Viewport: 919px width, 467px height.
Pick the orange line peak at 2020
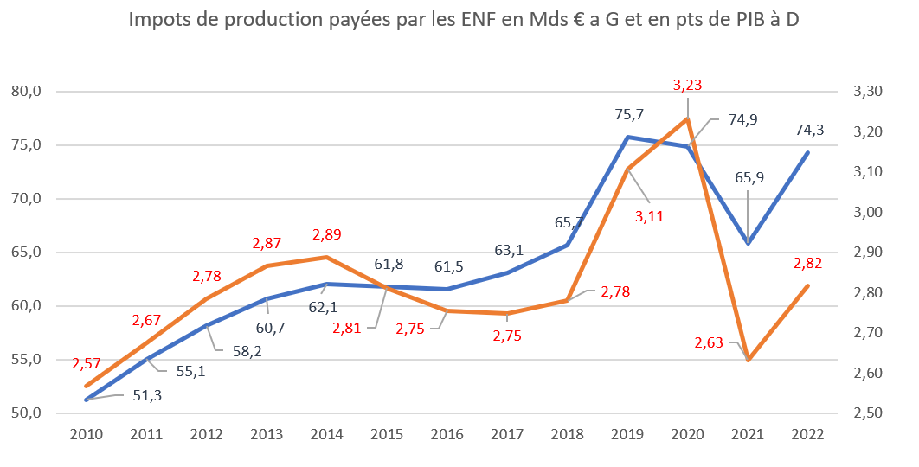687,118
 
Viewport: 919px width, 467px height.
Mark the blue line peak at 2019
627,137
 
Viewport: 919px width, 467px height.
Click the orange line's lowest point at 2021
748,360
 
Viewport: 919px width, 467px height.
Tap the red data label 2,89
327,234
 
